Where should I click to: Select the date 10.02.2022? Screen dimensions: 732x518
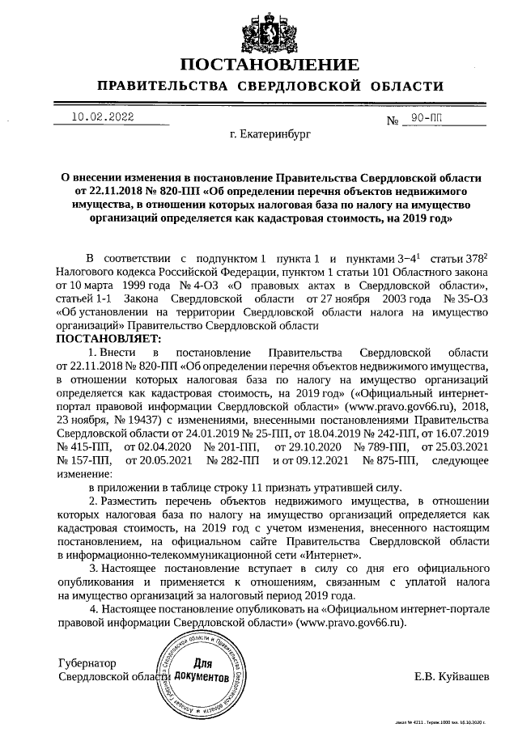(103, 116)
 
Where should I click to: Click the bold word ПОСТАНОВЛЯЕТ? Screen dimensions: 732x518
(108, 337)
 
